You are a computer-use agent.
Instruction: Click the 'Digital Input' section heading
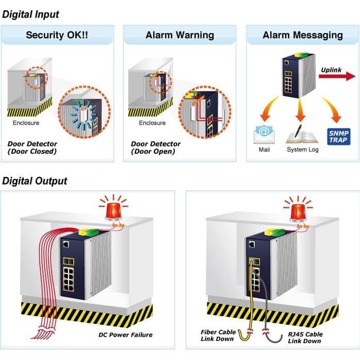point(30,14)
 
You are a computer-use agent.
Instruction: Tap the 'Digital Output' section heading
point(35,181)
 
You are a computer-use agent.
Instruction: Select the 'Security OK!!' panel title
point(57,35)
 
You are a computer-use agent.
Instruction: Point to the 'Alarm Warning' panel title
point(180,35)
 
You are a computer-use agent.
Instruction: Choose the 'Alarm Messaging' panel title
point(303,35)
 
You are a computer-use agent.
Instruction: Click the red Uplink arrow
point(337,76)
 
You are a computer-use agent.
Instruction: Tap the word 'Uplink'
point(331,70)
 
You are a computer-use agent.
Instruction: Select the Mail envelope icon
point(264,134)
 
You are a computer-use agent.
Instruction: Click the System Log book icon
point(302,134)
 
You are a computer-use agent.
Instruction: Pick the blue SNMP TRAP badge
point(339,137)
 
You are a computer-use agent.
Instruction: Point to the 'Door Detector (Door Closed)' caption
point(32,148)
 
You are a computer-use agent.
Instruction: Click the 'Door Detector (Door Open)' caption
point(155,148)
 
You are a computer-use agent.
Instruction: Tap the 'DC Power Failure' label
point(125,335)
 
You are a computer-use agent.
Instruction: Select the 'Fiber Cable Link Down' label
point(218,335)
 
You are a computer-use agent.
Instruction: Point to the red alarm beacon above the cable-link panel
point(298,209)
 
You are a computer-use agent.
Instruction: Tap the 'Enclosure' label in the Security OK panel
point(26,123)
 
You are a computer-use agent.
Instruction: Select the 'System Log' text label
point(303,150)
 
